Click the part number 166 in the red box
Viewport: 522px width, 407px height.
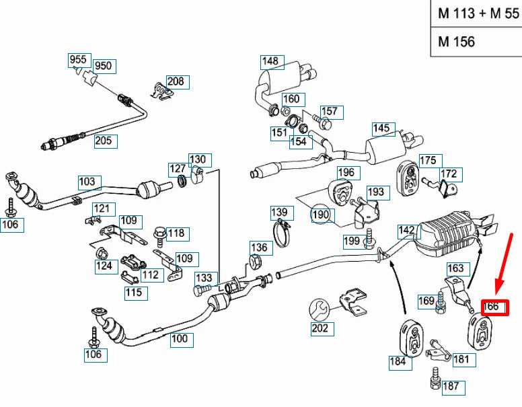tap(492, 307)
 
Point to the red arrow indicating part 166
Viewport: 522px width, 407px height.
tap(504, 266)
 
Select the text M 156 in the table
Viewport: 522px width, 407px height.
tap(457, 42)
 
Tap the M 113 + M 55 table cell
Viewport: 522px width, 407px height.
tap(478, 13)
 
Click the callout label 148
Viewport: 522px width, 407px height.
tap(270, 61)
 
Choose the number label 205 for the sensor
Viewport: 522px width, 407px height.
tap(104, 141)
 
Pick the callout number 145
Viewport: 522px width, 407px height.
tap(381, 128)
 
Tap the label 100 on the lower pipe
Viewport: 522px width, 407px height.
tap(179, 338)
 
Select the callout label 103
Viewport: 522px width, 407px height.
tap(87, 182)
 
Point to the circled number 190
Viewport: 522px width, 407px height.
tap(321, 215)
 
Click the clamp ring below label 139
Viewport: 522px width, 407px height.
tap(284, 233)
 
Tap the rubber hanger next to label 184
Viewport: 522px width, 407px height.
tap(410, 338)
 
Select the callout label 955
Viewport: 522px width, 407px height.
tap(78, 59)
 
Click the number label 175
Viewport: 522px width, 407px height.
tap(428, 160)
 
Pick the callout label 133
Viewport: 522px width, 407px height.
tap(204, 278)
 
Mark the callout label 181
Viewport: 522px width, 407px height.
tap(461, 359)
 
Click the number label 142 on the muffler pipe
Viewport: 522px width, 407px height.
tap(407, 230)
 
